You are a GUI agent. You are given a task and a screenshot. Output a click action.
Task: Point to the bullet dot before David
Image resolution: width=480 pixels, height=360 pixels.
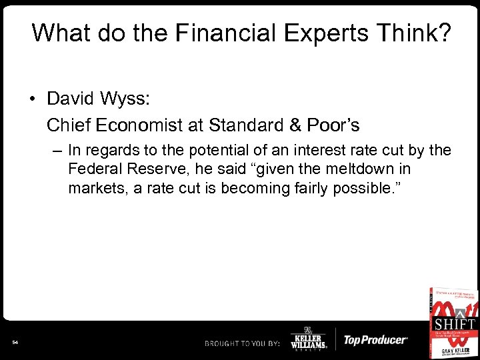pyautogui.click(x=33, y=100)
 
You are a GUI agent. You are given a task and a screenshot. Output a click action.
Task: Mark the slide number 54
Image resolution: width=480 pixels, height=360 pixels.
pyautogui.click(x=15, y=343)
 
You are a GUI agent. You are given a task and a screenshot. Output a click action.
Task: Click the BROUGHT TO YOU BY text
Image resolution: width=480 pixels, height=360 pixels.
pyautogui.click(x=241, y=343)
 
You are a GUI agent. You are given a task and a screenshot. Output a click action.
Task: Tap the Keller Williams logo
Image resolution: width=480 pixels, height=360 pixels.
pyautogui.click(x=309, y=339)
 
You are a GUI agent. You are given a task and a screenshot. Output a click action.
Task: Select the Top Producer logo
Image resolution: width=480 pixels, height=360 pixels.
pyautogui.click(x=375, y=340)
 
